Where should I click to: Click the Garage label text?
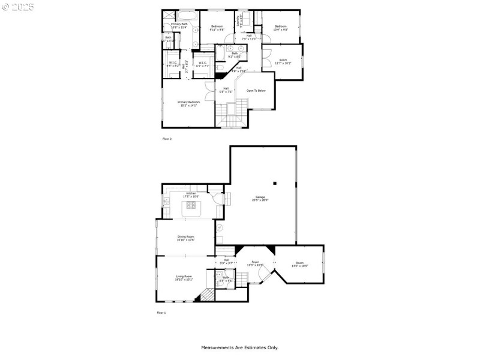click(260, 197)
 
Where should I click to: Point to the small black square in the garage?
click(275, 183)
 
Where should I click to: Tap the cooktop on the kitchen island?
click(193, 207)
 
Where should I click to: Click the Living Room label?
click(183, 277)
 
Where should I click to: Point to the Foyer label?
click(255, 263)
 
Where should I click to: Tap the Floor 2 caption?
click(167, 139)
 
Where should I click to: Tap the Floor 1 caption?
click(161, 313)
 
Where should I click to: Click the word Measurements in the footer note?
click(217, 347)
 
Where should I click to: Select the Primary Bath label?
click(179, 25)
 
